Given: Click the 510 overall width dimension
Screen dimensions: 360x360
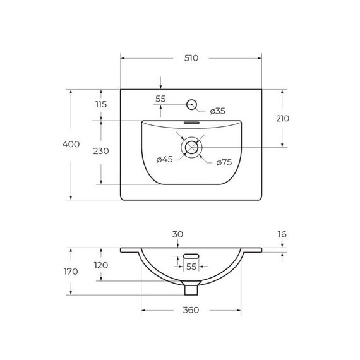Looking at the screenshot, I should tap(191, 58).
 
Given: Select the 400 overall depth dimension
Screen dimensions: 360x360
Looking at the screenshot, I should tap(71, 145).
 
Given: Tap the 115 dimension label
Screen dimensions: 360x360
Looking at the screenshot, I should tap(101, 105).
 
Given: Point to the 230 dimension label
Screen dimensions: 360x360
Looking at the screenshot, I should tap(101, 152).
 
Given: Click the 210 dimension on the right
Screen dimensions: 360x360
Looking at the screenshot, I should tap(282, 119).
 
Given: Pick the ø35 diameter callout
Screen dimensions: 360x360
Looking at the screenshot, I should tap(217, 111).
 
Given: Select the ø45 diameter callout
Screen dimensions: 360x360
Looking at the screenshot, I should tap(164, 160).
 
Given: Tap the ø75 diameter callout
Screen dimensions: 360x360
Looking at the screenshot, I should tap(224, 163).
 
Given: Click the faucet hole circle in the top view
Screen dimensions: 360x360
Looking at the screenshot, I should tap(191, 104).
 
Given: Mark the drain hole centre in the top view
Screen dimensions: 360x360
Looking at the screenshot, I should tap(191, 148).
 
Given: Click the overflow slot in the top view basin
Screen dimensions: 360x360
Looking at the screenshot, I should tap(191, 123).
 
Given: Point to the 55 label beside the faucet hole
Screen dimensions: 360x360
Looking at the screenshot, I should tap(160, 99).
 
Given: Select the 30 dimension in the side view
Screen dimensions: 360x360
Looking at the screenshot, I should tap(177, 234).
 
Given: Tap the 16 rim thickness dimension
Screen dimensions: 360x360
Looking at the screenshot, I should tap(282, 234).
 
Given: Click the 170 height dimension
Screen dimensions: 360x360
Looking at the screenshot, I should tap(71, 272).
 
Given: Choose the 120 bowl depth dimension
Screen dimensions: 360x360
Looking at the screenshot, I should tap(101, 265).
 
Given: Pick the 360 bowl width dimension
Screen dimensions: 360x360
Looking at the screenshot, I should tap(191, 310).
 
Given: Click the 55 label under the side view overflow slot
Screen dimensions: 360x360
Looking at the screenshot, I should tap(191, 267).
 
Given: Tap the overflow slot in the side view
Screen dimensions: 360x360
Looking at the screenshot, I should tap(191, 256).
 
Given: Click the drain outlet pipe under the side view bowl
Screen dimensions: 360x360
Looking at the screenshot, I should tap(191, 289).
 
